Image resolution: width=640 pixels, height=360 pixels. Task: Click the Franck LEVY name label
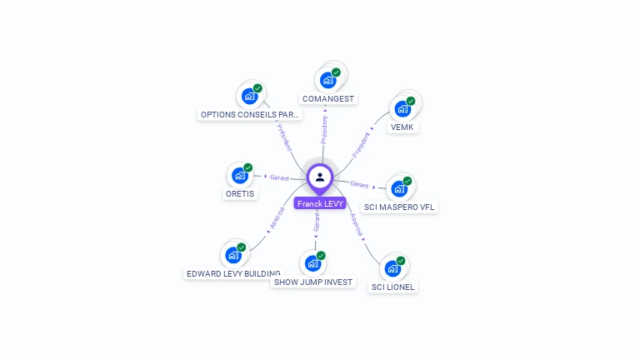pos(320,203)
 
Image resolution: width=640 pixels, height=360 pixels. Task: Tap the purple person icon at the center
pos(320,177)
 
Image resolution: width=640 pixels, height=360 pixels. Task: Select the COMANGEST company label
pos(328,98)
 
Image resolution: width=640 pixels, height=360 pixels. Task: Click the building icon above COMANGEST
pos(327,81)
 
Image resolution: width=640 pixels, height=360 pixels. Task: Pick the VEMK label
pos(402,127)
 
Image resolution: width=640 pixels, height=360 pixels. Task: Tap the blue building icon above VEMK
pos(402,109)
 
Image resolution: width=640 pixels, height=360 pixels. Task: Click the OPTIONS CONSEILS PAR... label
pos(249,114)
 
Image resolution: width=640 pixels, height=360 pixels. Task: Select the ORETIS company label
pos(240,193)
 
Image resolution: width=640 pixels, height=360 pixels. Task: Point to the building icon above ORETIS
pos(240,176)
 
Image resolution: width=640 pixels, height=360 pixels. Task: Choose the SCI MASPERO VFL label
pos(399,207)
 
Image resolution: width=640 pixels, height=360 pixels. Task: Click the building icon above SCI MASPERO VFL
pos(399,189)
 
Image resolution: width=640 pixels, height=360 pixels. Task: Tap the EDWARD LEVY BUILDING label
pos(233,273)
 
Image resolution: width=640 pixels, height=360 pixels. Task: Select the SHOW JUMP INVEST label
pos(313,282)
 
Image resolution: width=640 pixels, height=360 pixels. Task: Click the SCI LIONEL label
pos(392,287)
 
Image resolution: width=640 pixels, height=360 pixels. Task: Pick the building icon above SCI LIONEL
pos(392,268)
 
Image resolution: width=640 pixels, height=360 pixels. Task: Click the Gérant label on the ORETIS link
pos(279,177)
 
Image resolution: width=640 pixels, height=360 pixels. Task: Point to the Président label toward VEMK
pos(361,144)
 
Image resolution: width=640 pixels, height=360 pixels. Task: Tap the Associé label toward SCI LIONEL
pos(355,224)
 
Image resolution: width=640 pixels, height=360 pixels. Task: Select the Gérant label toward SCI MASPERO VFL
pos(359,184)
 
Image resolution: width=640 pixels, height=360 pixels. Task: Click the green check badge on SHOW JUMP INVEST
pos(321,256)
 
